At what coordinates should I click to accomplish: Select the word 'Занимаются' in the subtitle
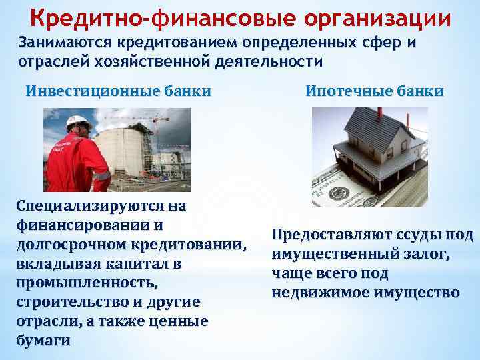66,43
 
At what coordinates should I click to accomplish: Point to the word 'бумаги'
42,341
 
